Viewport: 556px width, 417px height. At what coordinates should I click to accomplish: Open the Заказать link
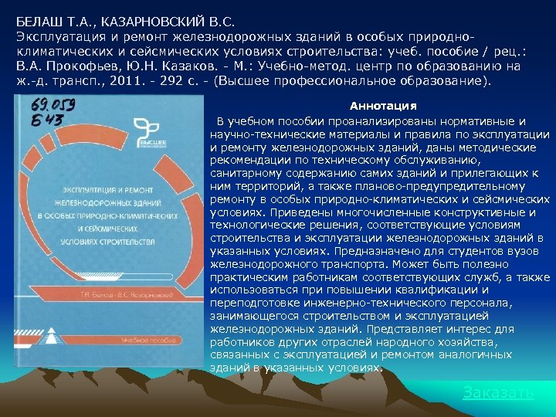pyautogui.click(x=498, y=392)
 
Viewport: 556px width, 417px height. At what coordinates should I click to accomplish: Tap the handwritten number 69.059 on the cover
pyautogui.click(x=52, y=106)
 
